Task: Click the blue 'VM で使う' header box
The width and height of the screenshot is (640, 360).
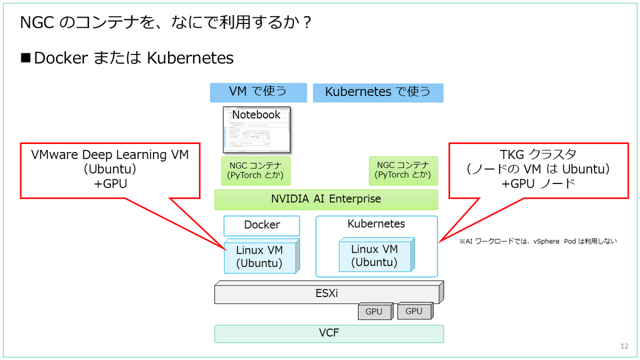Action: pos(258,92)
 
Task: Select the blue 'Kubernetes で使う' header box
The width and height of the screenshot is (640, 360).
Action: pos(378,92)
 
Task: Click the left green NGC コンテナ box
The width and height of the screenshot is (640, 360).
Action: pos(255,170)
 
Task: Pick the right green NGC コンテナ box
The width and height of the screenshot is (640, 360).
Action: pos(403,170)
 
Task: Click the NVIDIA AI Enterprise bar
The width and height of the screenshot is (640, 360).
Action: pos(326,199)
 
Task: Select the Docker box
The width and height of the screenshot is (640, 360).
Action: pos(261,225)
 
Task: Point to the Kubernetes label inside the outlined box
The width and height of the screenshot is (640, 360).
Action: pos(376,224)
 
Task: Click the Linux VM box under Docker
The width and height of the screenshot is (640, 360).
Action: pos(259,257)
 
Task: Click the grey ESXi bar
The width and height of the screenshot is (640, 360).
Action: pos(326,293)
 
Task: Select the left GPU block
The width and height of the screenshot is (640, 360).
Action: pos(374,311)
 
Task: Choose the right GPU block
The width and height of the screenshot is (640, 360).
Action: pos(413,311)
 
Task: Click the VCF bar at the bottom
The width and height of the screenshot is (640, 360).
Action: pos(329,334)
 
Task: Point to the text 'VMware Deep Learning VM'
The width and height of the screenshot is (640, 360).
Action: pos(110,155)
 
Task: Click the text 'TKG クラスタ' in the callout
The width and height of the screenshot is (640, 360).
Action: pos(537,155)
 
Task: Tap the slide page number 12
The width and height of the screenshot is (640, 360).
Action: pos(625,346)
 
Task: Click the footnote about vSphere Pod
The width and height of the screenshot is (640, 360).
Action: pos(538,241)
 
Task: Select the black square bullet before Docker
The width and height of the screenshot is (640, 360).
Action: pos(26,58)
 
